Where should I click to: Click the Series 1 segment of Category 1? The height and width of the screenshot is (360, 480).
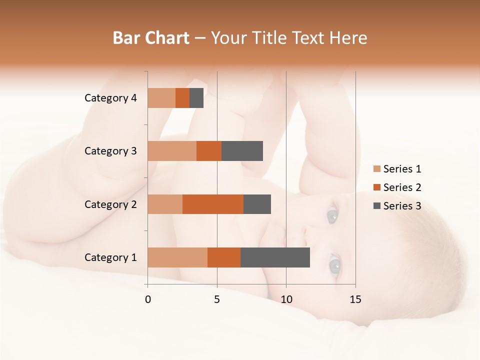[x=177, y=257]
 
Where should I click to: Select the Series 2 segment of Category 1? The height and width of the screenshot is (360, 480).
[x=224, y=257]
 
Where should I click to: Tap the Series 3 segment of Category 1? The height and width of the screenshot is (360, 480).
[x=275, y=257]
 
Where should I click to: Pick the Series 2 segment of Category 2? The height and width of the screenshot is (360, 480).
[x=213, y=204]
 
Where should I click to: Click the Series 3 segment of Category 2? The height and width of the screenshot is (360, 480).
[x=257, y=204]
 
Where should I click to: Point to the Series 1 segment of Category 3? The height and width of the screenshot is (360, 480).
[x=172, y=151]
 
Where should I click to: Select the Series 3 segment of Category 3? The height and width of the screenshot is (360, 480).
[x=242, y=151]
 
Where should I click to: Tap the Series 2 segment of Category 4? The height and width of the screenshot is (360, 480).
[x=182, y=98]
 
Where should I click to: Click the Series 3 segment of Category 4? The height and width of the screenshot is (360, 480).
[x=196, y=98]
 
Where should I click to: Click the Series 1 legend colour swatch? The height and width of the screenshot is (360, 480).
[x=377, y=169]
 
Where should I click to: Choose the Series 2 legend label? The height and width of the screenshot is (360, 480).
[x=402, y=187]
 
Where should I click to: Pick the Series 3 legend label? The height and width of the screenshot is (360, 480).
[x=402, y=206]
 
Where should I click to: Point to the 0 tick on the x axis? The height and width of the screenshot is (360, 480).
[x=148, y=299]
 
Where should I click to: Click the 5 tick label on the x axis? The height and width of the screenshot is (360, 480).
[x=217, y=299]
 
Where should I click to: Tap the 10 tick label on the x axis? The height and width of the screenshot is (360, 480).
[x=286, y=299]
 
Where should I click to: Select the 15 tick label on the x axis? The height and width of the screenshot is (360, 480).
[x=355, y=299]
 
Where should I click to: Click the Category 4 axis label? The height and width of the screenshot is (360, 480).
[x=110, y=98]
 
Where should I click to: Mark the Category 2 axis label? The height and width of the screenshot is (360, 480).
[x=110, y=204]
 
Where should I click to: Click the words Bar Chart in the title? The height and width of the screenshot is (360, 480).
[x=151, y=38]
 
